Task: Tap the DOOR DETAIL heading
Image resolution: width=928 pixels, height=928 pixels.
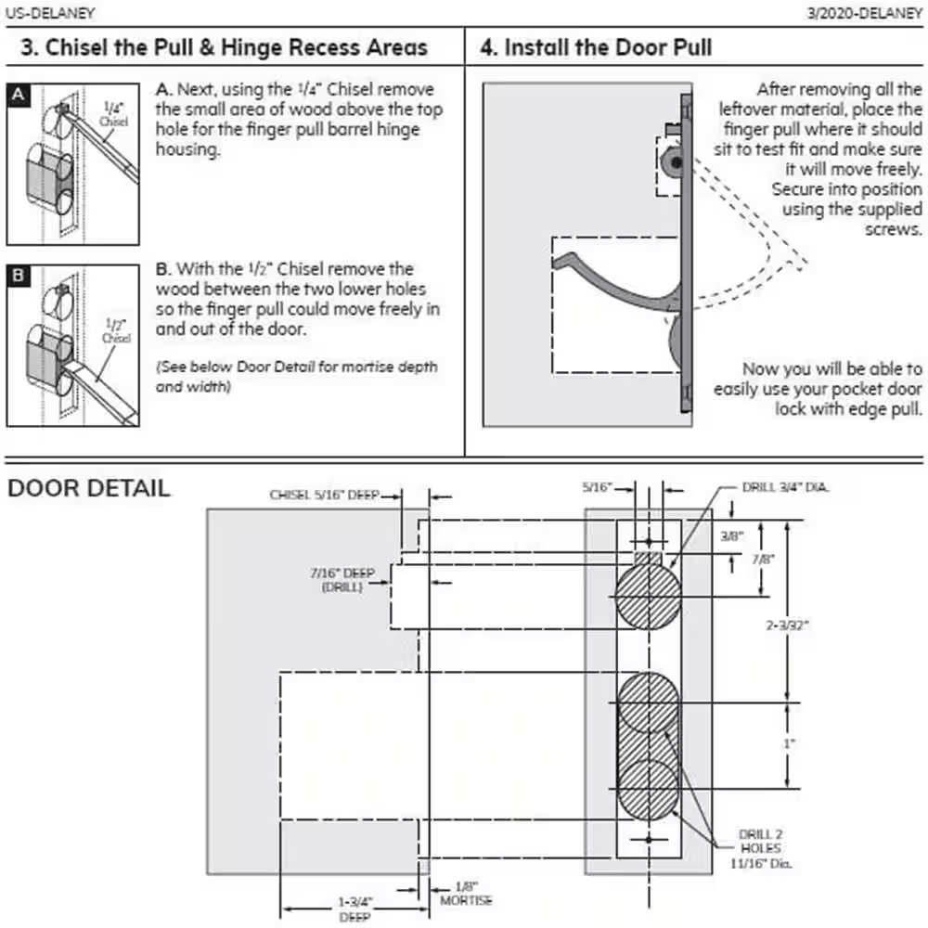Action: coord(89,488)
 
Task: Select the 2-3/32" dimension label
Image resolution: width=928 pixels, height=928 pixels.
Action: coord(787,625)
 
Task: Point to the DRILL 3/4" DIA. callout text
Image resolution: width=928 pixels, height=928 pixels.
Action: coord(785,486)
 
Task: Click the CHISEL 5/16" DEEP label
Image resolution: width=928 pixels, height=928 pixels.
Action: coord(325,496)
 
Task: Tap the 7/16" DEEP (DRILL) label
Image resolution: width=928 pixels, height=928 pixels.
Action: coord(342,580)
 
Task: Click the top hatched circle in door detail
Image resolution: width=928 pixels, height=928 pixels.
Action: coord(648,597)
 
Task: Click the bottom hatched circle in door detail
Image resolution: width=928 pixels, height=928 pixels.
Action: coord(648,790)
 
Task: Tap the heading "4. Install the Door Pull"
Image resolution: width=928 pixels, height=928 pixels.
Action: coord(596,47)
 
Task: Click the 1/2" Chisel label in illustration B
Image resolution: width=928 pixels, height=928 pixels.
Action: coord(116,331)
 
